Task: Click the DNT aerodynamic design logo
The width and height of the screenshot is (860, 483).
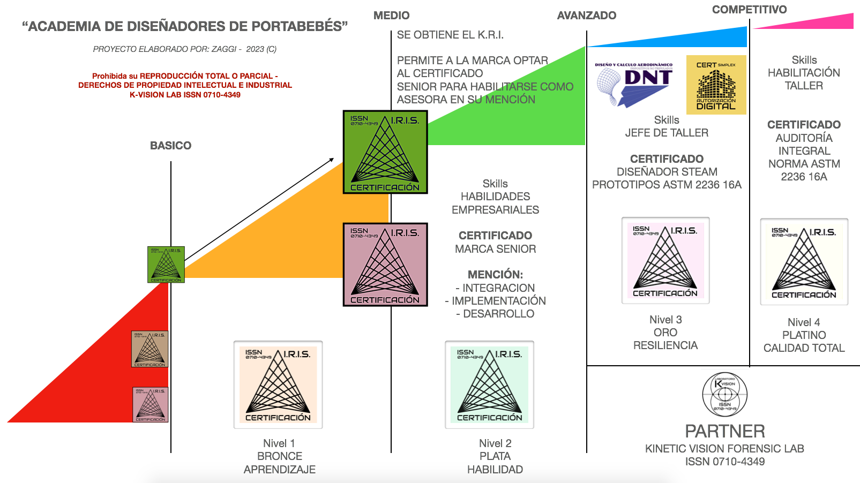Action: [634, 84]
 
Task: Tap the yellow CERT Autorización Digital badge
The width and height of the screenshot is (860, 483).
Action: [716, 85]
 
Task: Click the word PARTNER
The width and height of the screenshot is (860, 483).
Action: [724, 431]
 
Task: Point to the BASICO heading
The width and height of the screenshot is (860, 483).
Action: [170, 146]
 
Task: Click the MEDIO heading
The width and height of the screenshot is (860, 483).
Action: [391, 16]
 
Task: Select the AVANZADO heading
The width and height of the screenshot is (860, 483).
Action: [586, 16]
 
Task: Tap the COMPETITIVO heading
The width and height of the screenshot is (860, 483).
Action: [749, 10]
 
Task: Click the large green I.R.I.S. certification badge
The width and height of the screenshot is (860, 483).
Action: [385, 152]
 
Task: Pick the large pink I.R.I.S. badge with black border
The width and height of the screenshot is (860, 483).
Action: [385, 265]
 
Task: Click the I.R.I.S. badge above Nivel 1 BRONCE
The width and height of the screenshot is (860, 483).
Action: [278, 384]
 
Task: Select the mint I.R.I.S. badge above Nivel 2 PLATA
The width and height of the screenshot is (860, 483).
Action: [489, 384]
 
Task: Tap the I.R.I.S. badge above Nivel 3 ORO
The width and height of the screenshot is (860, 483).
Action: [665, 260]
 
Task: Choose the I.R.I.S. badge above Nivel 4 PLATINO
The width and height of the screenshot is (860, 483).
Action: [804, 262]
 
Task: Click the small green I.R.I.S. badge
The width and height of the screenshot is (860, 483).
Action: [166, 265]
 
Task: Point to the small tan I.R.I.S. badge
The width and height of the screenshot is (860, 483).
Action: [150, 349]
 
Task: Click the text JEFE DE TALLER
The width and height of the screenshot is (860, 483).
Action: [667, 133]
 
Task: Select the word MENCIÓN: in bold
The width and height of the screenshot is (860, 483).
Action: [495, 275]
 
